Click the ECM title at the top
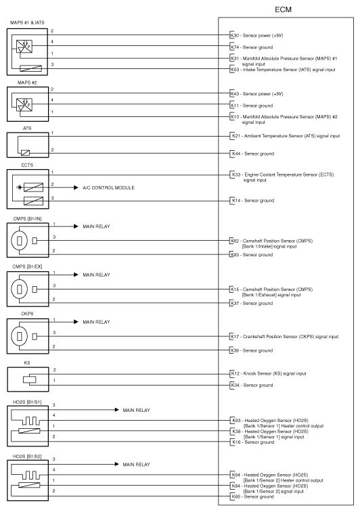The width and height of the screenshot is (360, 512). click(x=283, y=9)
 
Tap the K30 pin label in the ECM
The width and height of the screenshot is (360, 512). click(x=235, y=35)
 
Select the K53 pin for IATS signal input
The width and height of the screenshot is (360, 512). click(x=235, y=70)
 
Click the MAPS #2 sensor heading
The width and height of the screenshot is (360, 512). click(x=27, y=83)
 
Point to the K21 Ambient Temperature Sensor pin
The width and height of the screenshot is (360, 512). click(x=237, y=136)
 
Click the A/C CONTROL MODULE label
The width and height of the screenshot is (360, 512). click(x=108, y=188)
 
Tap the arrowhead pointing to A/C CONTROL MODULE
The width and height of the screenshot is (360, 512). click(x=76, y=187)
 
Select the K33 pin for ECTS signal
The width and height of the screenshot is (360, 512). click(x=237, y=174)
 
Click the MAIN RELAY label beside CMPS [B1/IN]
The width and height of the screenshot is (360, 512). click(x=96, y=227)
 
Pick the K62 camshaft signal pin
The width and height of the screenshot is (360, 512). click(x=235, y=241)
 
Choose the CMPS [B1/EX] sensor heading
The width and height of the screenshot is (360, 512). click(x=27, y=266)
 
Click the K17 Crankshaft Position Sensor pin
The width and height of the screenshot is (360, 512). click(x=235, y=336)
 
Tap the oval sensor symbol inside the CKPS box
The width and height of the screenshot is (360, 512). click(x=19, y=335)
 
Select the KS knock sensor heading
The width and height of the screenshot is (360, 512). click(x=27, y=363)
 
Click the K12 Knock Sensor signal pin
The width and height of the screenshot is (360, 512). click(x=235, y=373)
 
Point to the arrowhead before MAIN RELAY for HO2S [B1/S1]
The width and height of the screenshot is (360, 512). click(x=116, y=410)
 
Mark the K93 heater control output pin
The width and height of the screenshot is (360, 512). click(x=237, y=420)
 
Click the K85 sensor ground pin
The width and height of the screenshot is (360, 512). click(x=236, y=496)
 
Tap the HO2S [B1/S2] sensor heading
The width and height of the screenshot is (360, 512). click(x=27, y=456)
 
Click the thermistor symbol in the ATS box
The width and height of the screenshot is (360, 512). click(x=25, y=152)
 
